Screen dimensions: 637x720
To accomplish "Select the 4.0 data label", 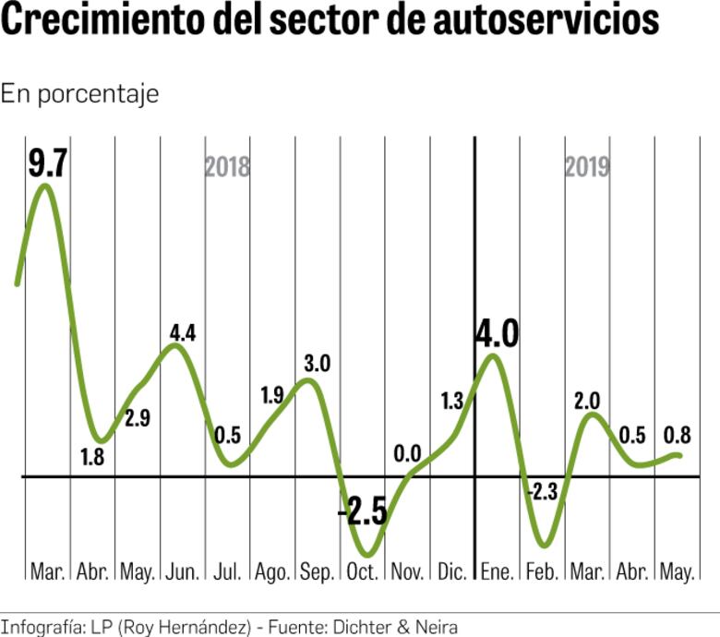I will [x=497, y=333].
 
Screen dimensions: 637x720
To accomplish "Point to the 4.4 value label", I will [x=183, y=333].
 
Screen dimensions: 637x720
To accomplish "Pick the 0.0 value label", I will [x=407, y=453].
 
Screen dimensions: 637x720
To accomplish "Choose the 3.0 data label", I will [x=317, y=363].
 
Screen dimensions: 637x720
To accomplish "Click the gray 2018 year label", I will [x=227, y=167].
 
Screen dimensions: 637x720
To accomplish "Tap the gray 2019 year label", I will [x=587, y=167].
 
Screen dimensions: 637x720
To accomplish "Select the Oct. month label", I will [x=361, y=571].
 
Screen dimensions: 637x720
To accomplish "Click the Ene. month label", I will [x=497, y=571].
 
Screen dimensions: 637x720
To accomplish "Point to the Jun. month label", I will [x=183, y=571].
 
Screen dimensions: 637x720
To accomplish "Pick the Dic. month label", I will [x=451, y=571].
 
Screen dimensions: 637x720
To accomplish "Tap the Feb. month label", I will [x=541, y=571].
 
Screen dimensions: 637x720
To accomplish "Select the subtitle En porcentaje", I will [x=79, y=94].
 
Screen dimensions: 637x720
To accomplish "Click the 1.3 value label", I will [x=451, y=401].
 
